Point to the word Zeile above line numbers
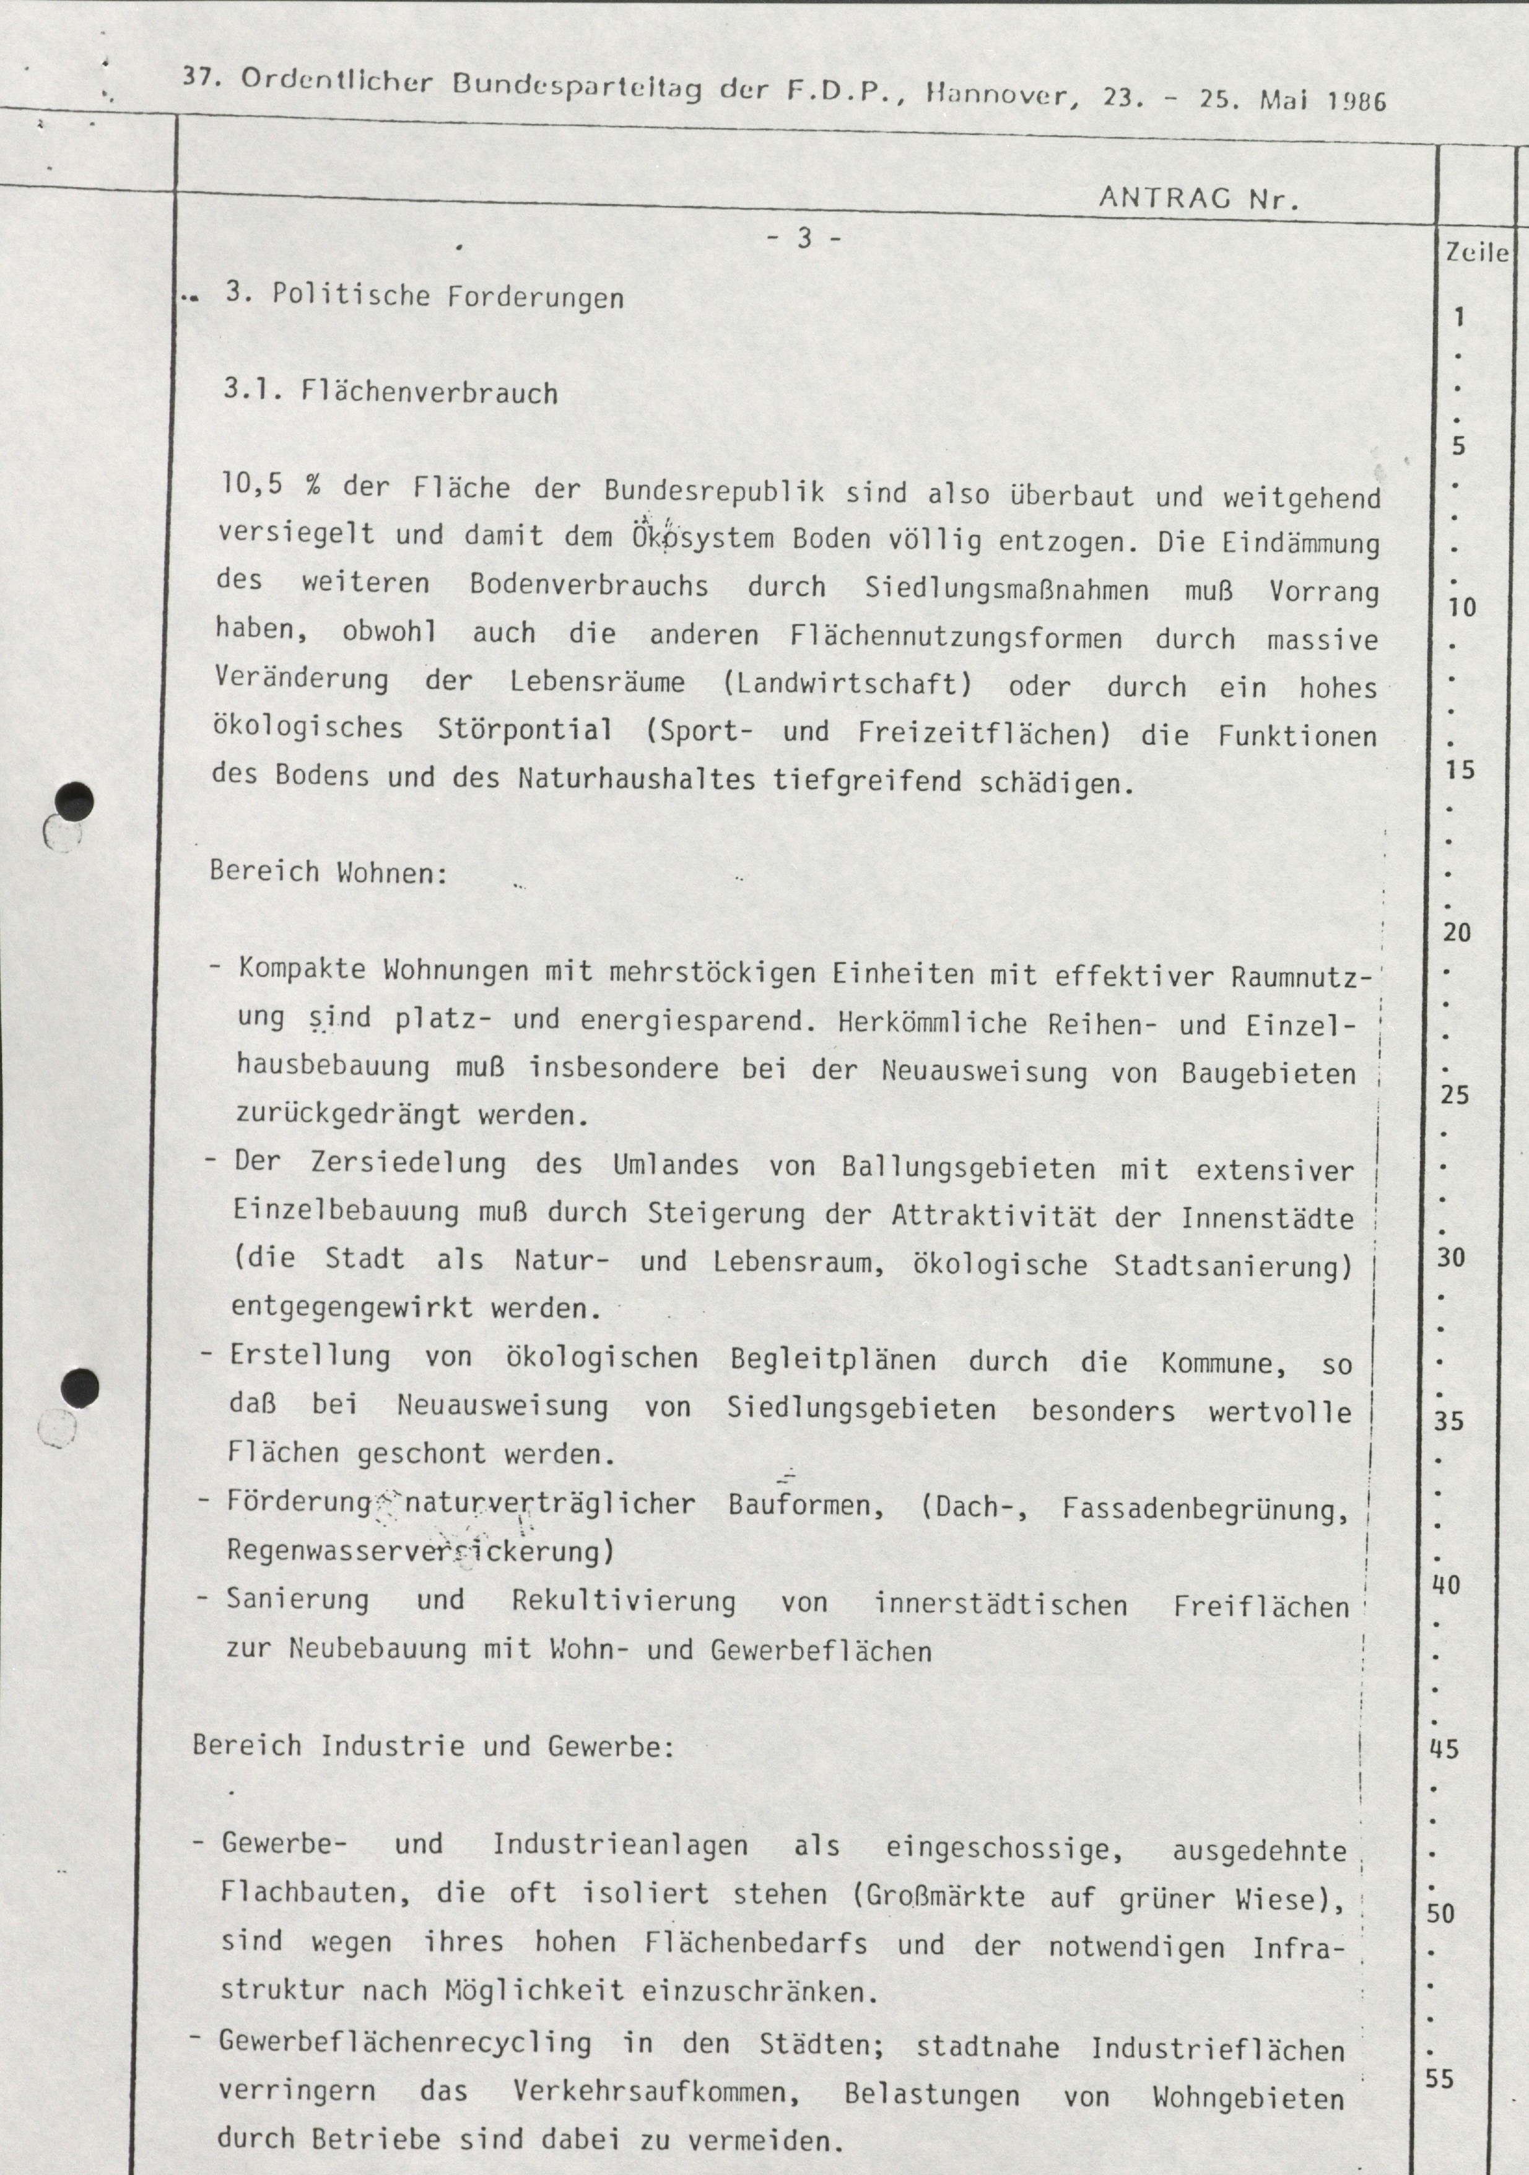pyautogui.click(x=1476, y=253)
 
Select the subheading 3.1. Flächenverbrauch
pyautogui.click(x=390, y=391)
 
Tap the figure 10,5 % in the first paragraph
pyautogui.click(x=270, y=487)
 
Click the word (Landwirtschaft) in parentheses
pyautogui.click(x=848, y=683)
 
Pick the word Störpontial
pyautogui.click(x=525, y=730)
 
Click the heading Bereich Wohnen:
pyautogui.click(x=328, y=871)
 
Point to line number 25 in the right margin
pyautogui.click(x=1454, y=1095)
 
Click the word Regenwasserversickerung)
pyautogui.click(x=420, y=1550)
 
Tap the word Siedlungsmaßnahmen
pyautogui.click(x=1006, y=589)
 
